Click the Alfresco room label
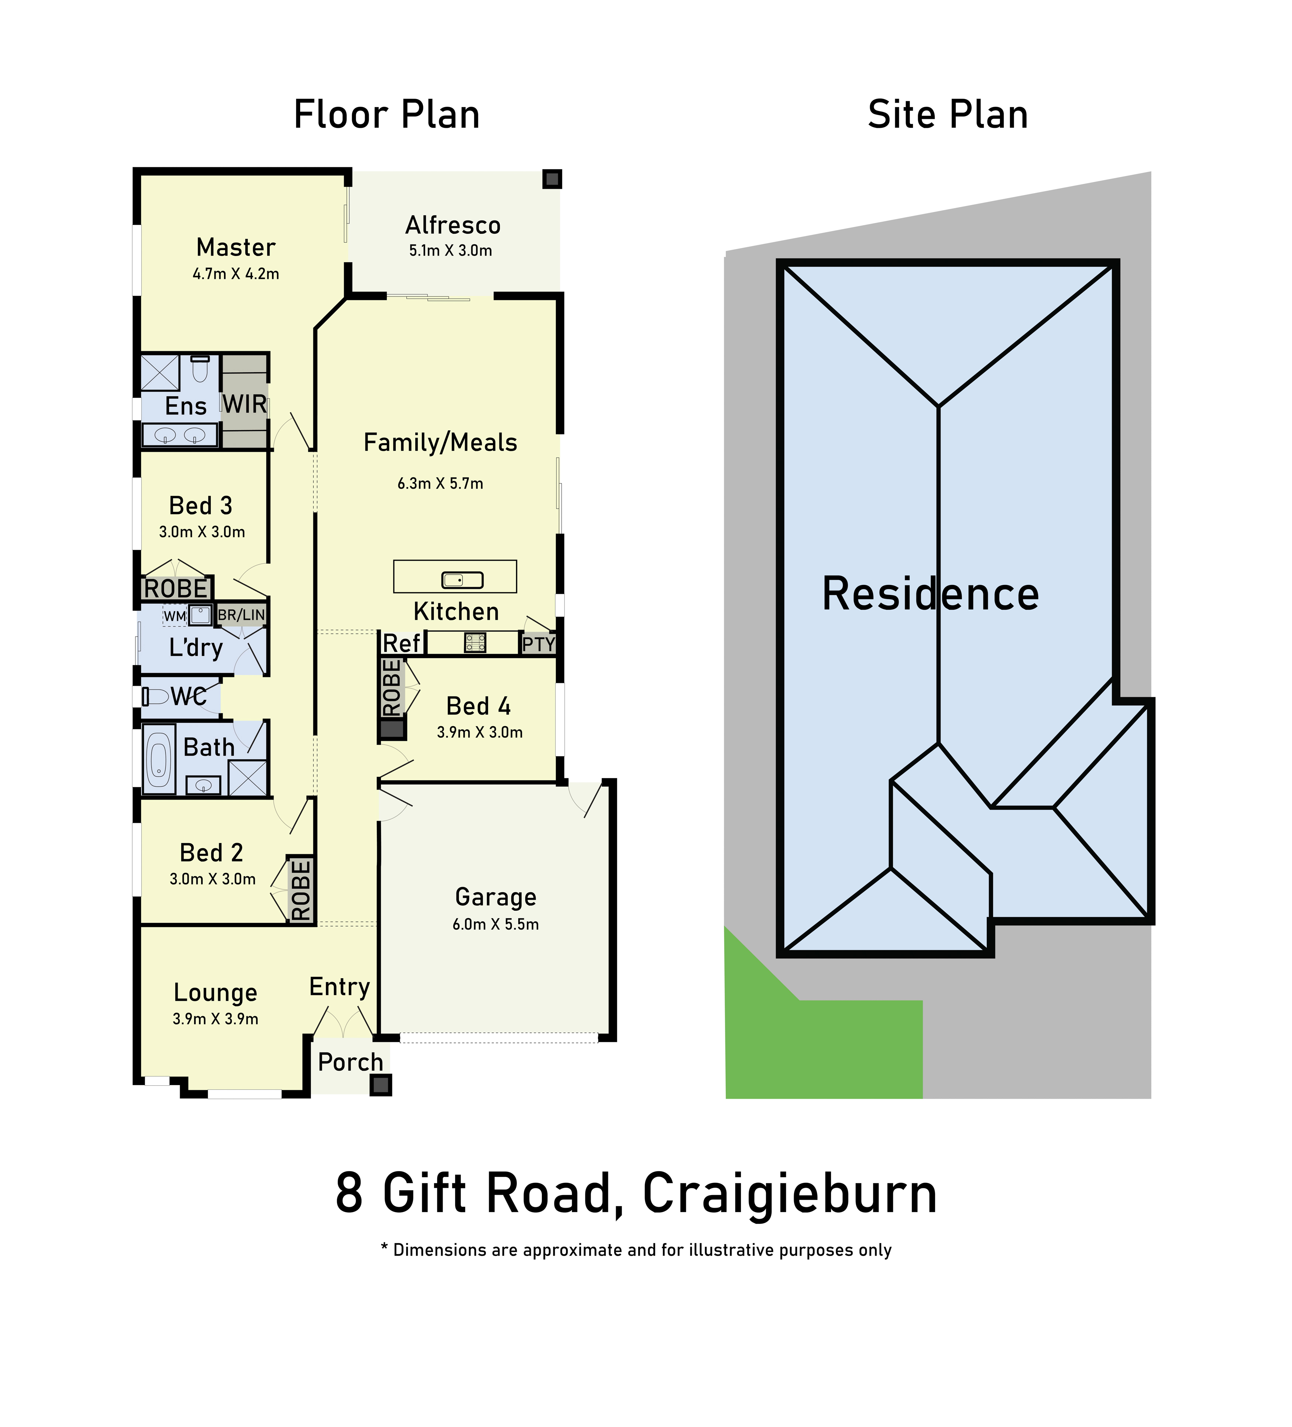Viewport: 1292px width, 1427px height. point(453,225)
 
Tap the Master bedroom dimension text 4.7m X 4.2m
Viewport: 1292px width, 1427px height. point(236,274)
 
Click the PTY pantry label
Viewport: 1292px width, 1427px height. point(539,644)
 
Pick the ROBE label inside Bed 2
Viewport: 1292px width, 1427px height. point(301,890)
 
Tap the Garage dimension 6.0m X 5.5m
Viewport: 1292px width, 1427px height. point(495,924)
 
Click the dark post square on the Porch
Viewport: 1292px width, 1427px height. point(381,1084)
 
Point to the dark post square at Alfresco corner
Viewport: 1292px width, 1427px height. point(552,179)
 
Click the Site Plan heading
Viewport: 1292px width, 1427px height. point(948,114)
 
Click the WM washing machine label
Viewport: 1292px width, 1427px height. point(175,616)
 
